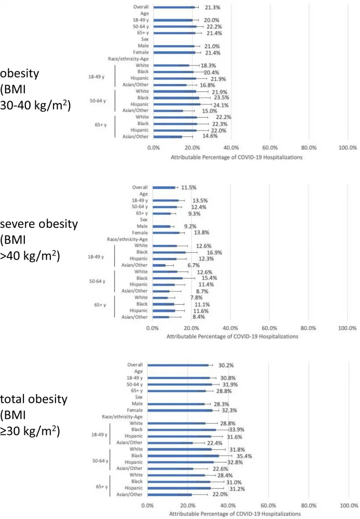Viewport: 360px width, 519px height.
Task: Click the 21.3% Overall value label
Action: [206, 7]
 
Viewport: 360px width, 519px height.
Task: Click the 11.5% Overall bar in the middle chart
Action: [163, 187]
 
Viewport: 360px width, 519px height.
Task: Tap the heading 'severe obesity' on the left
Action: [39, 224]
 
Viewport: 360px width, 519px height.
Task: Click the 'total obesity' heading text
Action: [34, 399]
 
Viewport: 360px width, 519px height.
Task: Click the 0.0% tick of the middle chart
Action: [152, 328]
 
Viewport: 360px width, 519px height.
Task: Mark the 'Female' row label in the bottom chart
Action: [134, 410]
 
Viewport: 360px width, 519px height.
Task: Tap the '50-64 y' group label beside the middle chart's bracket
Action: [97, 281]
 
